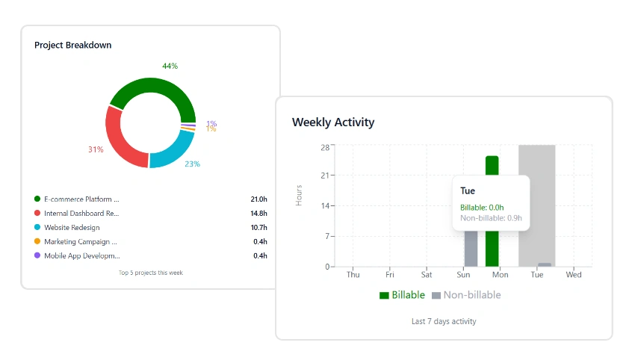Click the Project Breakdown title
pos(72,45)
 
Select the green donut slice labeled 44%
pos(149,87)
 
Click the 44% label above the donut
pos(170,66)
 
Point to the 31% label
pos(96,149)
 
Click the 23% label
pos(193,164)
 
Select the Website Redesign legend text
pos(72,227)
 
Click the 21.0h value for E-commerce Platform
pos(259,199)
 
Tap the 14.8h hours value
pos(259,214)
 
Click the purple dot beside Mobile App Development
pos(37,255)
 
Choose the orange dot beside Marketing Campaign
pos(37,241)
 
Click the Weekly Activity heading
pos(333,122)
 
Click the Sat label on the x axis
pos(427,275)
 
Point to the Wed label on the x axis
pos(574,275)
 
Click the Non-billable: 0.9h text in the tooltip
pos(491,218)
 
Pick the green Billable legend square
pos(385,295)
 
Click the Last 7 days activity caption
pos(444,321)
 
